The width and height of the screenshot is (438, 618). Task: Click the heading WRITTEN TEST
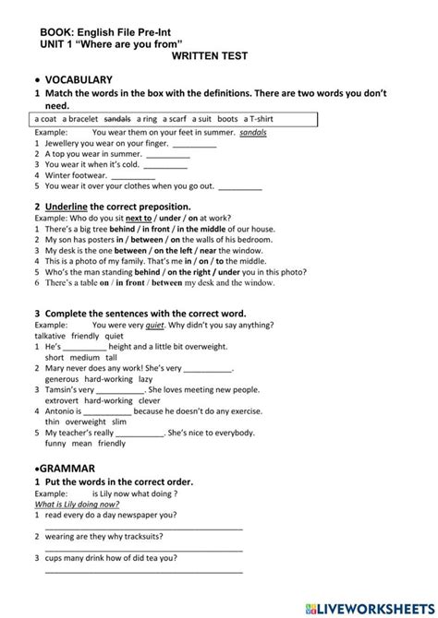click(210, 56)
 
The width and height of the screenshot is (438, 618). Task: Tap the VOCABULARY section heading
click(79, 80)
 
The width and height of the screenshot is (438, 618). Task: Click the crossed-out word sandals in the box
click(117, 119)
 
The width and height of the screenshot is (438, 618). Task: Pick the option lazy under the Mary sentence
click(145, 378)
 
